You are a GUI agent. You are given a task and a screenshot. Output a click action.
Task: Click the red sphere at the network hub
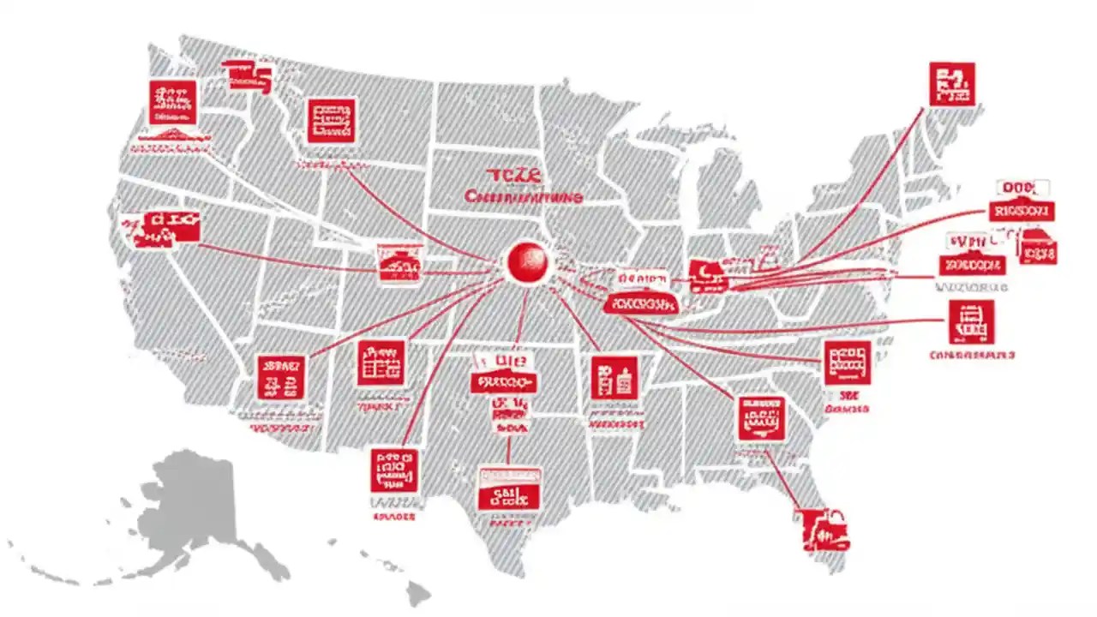pyautogui.click(x=525, y=261)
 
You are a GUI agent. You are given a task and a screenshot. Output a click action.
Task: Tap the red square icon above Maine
pyautogui.click(x=951, y=84)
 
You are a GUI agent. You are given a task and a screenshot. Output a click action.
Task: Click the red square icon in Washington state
pyautogui.click(x=172, y=102)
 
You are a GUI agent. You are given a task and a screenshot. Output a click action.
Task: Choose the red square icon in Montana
pyautogui.click(x=331, y=120)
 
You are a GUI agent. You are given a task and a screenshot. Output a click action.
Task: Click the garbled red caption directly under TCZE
pyautogui.click(x=524, y=197)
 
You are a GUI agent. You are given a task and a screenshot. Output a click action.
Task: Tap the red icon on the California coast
pyautogui.click(x=162, y=227)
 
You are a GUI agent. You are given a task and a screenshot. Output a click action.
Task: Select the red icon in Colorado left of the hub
pyautogui.click(x=399, y=261)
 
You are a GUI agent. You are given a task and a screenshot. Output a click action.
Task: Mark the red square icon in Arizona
pyautogui.click(x=280, y=377)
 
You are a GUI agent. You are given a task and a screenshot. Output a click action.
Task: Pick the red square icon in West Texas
pyautogui.click(x=394, y=470)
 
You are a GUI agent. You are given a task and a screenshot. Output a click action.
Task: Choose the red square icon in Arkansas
pyautogui.click(x=614, y=377)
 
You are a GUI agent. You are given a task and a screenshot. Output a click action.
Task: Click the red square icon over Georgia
pyautogui.click(x=760, y=417)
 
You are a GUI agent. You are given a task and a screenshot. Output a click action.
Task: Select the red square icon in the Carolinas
pyautogui.click(x=847, y=362)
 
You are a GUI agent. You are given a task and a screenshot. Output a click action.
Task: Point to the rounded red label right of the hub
pyautogui.click(x=640, y=303)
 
